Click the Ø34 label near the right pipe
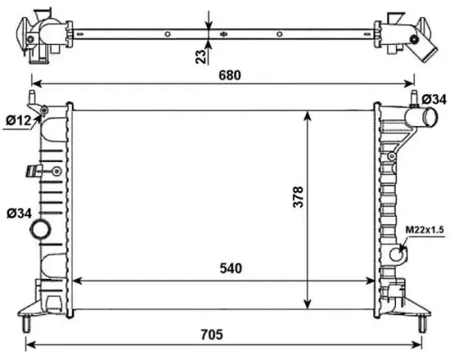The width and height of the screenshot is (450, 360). pos(434,100)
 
